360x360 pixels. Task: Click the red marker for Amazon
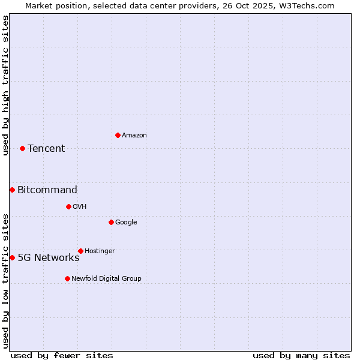(x=118, y=135)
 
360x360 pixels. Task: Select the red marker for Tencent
(x=22, y=148)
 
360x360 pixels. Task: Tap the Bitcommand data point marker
(x=12, y=190)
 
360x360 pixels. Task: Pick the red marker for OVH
(x=68, y=206)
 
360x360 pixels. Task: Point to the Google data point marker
(x=111, y=222)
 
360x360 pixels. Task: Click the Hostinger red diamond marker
(x=80, y=251)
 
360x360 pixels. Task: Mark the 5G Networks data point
(x=12, y=257)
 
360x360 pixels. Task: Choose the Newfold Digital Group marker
(x=67, y=278)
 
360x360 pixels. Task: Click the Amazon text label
(x=134, y=135)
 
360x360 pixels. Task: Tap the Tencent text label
(x=46, y=148)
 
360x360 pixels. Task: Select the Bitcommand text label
(x=47, y=190)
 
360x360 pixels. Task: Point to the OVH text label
(x=80, y=206)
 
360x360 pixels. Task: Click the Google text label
(x=126, y=222)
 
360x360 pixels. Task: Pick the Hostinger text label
(x=100, y=251)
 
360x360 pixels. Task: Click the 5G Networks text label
(x=49, y=257)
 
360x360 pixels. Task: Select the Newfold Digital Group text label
(x=106, y=278)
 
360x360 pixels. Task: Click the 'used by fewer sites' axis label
(x=62, y=355)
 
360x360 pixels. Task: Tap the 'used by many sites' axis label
(x=301, y=355)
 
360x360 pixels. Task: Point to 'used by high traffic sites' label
(x=5, y=85)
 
